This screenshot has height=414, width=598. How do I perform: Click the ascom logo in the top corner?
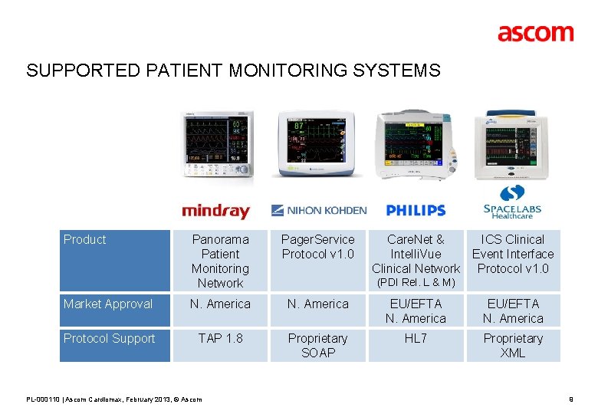[x=535, y=33]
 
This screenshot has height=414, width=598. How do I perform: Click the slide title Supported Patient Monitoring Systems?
[x=233, y=71]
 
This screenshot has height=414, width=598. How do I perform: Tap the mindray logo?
[x=215, y=211]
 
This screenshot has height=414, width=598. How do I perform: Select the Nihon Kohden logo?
[x=319, y=210]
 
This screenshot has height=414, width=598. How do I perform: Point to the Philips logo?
[x=416, y=210]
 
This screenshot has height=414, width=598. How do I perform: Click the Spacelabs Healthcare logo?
[x=512, y=202]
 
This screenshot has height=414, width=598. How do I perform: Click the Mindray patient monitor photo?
[x=216, y=146]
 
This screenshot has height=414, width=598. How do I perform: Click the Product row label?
[x=85, y=240]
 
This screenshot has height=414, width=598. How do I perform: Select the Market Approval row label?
[x=108, y=304]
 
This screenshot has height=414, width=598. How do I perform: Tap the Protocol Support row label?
[x=110, y=339]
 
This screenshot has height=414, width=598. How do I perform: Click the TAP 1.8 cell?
[x=220, y=339]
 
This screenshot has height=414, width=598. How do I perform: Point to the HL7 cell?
[x=416, y=339]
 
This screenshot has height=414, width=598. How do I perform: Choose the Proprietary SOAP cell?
[x=317, y=346]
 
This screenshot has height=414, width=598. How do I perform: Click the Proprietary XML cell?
[x=513, y=346]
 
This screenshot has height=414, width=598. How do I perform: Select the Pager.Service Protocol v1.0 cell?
[x=317, y=247]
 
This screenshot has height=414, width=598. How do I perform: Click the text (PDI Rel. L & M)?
[x=416, y=284]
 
